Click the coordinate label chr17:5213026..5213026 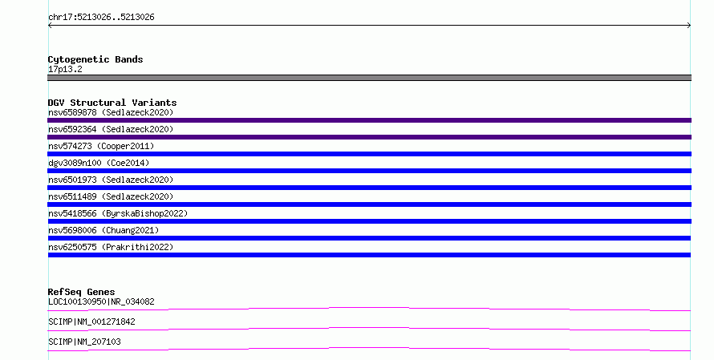coord(101,18)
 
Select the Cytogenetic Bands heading coord(95,59)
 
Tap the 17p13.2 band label coord(65,69)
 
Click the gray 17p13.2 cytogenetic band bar coord(369,78)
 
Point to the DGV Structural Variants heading coord(112,103)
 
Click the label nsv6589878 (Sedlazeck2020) coord(111,112)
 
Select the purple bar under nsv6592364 coord(369,137)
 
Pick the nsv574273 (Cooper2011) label coord(101,146)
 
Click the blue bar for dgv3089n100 coord(369,171)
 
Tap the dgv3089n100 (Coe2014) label coord(99,163)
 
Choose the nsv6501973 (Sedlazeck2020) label coord(111,180)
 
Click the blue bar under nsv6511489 coord(369,204)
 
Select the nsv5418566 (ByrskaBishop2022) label coord(118,213)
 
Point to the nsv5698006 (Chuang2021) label coord(103,230)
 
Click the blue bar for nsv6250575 coord(369,255)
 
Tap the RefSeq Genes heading coord(81,292)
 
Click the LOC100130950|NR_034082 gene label coord(101,301)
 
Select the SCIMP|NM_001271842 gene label coord(91,322)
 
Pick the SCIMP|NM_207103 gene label coord(84,342)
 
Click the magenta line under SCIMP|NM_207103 coord(369,349)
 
